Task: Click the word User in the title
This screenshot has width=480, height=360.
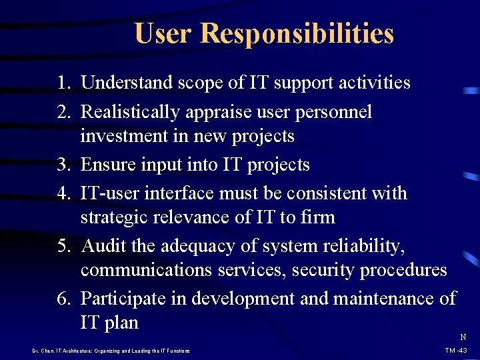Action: coord(163,33)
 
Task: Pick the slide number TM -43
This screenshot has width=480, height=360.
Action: coord(457,351)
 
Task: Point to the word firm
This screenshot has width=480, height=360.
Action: coord(318,218)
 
